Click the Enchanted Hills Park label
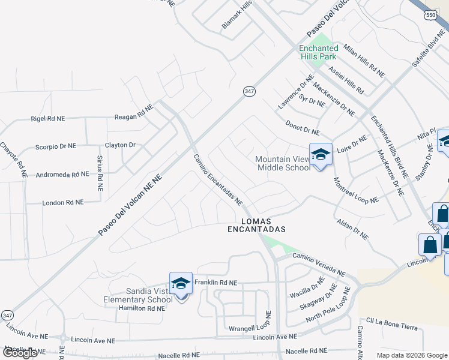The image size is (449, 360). click(319, 52)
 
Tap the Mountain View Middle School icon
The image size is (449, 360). click(321, 155)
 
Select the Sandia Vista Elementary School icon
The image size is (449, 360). click(181, 283)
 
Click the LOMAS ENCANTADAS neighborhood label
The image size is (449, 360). click(256, 225)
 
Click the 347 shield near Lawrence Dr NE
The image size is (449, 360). click(250, 91)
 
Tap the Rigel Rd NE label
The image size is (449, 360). click(47, 119)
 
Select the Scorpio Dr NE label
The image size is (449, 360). click(56, 146)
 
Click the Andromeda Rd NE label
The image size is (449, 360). click(62, 175)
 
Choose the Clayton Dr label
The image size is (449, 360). click(121, 145)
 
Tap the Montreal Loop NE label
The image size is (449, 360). click(356, 190)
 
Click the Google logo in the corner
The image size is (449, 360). click(20, 353)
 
